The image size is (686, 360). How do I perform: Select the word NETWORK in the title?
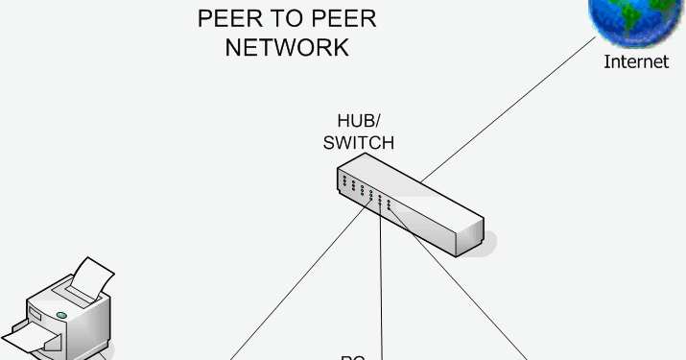tap(287, 47)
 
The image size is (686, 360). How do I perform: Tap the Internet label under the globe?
tap(635, 62)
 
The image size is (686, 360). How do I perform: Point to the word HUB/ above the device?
tap(359, 122)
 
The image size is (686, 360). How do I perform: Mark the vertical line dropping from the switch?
tap(381, 288)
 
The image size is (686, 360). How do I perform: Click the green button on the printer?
tap(61, 314)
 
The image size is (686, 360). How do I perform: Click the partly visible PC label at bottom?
tap(352, 357)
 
